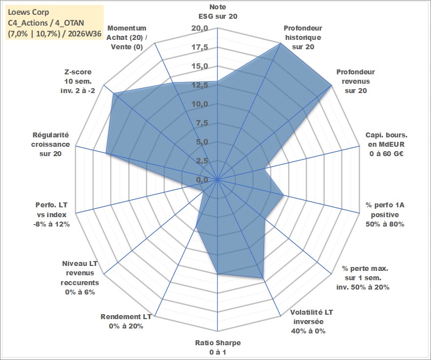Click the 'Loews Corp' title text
(x=29, y=12)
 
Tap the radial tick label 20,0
(x=200, y=28)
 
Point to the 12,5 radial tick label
(x=200, y=85)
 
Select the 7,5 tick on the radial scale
(x=202, y=123)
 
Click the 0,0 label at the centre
(x=202, y=180)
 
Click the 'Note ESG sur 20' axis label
(x=218, y=11)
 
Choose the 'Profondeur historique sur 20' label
(x=303, y=37)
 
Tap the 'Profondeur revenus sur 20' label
(x=356, y=81)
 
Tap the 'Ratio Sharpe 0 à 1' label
(x=218, y=347)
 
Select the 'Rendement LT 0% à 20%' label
(x=126, y=322)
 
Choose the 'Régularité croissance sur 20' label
(x=51, y=144)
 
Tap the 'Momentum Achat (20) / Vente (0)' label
(x=127, y=37)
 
